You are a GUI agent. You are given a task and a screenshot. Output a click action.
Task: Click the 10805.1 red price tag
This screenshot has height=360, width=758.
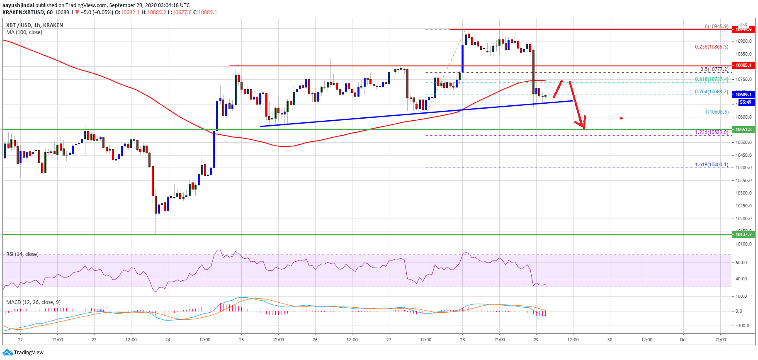click(x=743, y=65)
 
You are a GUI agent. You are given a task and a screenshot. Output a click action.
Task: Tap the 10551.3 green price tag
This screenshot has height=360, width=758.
click(x=743, y=129)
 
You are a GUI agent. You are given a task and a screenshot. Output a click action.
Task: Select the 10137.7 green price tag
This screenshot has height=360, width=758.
click(x=743, y=234)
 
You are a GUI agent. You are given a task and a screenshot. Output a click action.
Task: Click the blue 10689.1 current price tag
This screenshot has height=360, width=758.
click(x=743, y=95)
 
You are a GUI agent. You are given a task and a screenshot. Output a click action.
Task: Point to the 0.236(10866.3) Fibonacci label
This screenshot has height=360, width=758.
click(x=712, y=47)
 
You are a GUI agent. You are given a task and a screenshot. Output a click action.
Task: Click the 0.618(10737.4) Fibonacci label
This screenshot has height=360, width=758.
click(x=712, y=79)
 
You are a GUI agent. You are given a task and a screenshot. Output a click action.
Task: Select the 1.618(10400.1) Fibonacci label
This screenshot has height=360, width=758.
click(x=712, y=165)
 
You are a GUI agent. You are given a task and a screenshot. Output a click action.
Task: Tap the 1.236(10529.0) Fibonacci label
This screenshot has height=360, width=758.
click(x=712, y=132)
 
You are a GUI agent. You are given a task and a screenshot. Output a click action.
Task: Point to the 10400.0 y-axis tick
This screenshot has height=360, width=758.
click(x=743, y=168)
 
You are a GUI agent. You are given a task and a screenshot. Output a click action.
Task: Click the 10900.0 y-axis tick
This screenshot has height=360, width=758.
click(x=743, y=41)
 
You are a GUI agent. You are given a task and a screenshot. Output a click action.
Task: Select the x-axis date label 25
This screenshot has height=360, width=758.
click(x=241, y=340)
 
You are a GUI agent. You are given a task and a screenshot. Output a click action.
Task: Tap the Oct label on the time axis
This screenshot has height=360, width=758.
click(x=683, y=340)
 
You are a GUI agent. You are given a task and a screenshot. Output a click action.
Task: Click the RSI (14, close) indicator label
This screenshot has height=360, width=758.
click(x=22, y=254)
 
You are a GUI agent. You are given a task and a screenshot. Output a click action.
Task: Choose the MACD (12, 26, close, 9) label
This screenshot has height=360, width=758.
click(x=33, y=302)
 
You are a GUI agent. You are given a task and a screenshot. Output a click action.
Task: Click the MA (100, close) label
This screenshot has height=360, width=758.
click(x=24, y=32)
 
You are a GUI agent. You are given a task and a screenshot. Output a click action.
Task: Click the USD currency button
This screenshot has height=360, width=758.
click(x=743, y=24)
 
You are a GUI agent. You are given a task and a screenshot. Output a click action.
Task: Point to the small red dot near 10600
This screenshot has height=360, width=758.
click(x=621, y=118)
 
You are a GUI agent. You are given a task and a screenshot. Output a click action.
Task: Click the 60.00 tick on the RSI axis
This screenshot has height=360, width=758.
click(x=741, y=263)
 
